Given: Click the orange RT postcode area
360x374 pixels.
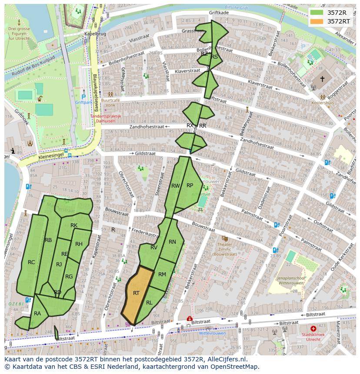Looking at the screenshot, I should [137, 295].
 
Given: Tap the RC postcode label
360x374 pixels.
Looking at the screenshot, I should [31, 262].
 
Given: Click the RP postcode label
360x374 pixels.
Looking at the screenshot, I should [190, 185].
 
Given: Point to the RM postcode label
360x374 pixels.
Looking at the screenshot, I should [162, 275].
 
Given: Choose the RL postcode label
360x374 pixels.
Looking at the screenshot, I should [149, 303].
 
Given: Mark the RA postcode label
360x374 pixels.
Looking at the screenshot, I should [37, 313].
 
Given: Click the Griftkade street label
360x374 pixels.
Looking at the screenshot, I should [219, 13].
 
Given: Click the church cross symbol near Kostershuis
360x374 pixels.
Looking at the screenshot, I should [322, 79].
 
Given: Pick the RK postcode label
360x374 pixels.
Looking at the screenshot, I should [74, 225].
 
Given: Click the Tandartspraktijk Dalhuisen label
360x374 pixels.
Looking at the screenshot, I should [106, 119].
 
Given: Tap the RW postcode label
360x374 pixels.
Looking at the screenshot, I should [175, 186].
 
